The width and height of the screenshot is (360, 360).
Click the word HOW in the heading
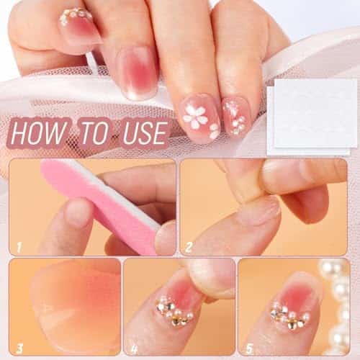(38, 132)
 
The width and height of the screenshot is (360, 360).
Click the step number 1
(19, 247)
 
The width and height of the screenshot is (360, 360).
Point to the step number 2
(189, 247)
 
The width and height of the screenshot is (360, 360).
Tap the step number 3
(19, 348)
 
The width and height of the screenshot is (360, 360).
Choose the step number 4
(134, 348)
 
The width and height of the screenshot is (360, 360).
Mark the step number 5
(250, 348)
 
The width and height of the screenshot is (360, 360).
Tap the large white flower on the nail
(194, 116)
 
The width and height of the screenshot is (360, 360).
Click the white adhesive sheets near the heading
(312, 117)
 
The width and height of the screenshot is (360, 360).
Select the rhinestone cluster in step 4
(174, 311)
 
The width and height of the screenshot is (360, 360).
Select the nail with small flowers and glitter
(236, 117)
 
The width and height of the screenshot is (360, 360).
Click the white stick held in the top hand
(92, 63)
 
